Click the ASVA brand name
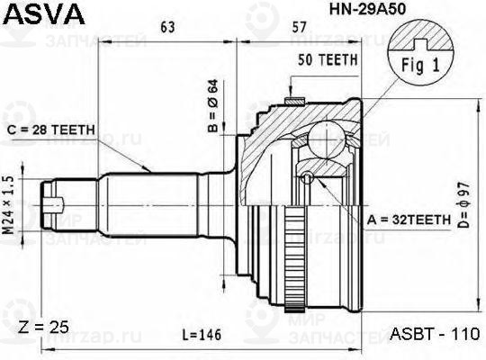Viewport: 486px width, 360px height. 44,13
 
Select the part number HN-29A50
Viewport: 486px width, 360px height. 367,9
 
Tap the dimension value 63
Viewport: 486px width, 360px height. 167,27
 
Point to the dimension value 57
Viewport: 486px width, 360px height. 299,27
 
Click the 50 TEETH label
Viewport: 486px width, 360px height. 328,59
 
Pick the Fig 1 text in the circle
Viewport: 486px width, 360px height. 420,66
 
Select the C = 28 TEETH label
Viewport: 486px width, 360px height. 50,130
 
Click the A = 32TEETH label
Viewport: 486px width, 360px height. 409,220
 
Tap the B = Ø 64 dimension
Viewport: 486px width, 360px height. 213,106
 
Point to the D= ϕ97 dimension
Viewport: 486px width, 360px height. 464,205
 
